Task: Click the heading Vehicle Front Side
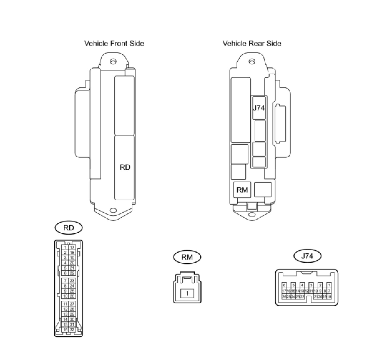click(x=114, y=43)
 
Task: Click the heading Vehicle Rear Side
click(x=252, y=43)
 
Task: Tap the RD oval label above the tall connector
click(x=69, y=228)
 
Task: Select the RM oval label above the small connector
click(x=187, y=257)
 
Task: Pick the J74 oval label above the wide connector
click(x=307, y=256)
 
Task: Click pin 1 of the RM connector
click(x=187, y=293)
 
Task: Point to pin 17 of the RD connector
click(x=72, y=247)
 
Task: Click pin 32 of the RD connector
click(x=72, y=330)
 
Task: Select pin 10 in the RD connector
click(x=65, y=296)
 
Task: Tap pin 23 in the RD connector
click(x=72, y=281)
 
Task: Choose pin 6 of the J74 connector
click(x=284, y=285)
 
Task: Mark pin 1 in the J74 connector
click(x=329, y=285)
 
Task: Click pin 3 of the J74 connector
click(x=311, y=285)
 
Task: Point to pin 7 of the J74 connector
click(x=329, y=291)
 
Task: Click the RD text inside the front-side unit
click(x=125, y=168)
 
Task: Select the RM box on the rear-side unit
click(x=242, y=190)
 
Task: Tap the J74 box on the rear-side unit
click(x=259, y=108)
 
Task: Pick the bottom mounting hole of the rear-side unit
click(x=251, y=214)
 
